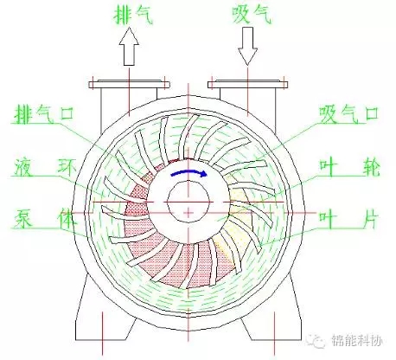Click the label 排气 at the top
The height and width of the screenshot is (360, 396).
133,16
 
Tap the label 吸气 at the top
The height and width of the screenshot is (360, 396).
252,15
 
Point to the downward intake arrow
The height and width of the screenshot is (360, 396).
247,46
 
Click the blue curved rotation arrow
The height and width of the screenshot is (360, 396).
189,172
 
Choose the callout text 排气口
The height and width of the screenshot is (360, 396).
44,114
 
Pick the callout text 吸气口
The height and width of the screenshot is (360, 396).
349,113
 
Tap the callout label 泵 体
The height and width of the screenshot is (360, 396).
45,219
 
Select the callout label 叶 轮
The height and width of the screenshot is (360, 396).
349,167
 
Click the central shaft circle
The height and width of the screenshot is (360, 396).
188,202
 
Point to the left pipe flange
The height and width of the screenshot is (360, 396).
129,84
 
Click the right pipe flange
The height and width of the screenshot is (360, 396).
248,84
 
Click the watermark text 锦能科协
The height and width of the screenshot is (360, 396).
357,341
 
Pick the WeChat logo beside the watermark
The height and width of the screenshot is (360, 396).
316,341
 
